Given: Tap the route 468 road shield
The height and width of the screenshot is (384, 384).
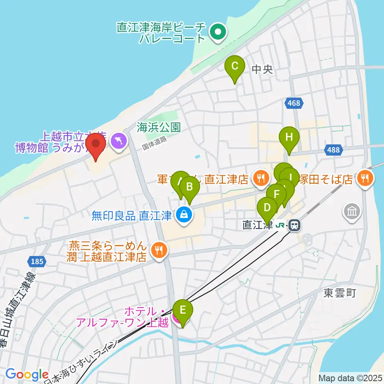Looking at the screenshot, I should (x=293, y=103).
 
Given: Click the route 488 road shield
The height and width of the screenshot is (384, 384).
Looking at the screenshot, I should (x=334, y=150).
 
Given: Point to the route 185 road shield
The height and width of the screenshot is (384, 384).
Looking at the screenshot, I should (x=37, y=262).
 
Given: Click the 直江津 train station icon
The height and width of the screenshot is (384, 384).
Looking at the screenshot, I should (x=294, y=226).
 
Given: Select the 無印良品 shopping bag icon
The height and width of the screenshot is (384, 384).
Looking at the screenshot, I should (x=184, y=216).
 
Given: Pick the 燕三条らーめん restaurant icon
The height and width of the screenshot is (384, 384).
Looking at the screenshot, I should (x=159, y=251).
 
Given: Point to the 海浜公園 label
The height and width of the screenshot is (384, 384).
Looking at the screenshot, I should (x=158, y=128).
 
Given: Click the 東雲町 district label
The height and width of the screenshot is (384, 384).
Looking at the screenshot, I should (x=340, y=293).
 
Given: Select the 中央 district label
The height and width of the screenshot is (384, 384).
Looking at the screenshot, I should (x=262, y=70).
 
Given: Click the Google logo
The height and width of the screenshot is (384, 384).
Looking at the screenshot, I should (x=27, y=374).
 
